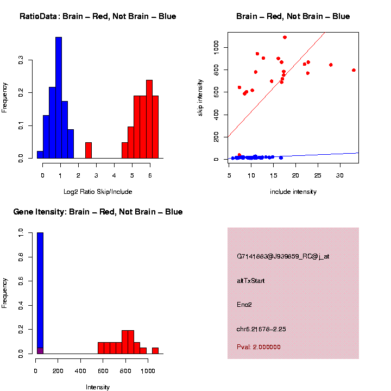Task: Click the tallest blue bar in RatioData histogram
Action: pos(59,98)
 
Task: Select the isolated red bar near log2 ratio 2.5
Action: pos(89,150)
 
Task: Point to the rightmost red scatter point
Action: pos(354,70)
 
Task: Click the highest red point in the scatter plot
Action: pos(285,37)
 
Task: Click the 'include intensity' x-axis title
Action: pos(293,192)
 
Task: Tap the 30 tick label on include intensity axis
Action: pos(339,175)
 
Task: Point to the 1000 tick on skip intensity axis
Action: pos(216,48)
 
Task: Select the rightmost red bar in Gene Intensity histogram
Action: pos(155,351)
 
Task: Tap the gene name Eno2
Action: pos(244,305)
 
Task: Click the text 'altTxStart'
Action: pos(250,281)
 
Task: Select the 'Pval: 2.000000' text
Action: pos(258,346)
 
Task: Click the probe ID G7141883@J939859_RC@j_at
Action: pos(283,256)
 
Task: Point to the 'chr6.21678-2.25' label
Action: pos(261,329)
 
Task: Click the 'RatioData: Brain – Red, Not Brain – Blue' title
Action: pos(98,16)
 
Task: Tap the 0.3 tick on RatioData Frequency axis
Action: pos(21,61)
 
